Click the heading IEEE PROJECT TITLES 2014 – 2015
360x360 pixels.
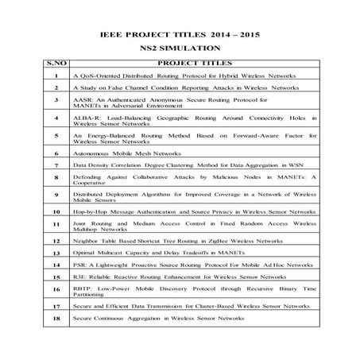[x=179, y=37]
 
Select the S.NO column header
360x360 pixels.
[x=56, y=61]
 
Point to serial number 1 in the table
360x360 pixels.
[x=56, y=74]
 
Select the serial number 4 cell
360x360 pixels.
[x=56, y=119]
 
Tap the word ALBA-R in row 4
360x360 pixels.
[x=83, y=116]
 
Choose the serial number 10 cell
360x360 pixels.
[x=56, y=211]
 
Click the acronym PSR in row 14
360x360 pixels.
[x=78, y=265]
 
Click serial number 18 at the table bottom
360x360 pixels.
[x=56, y=317]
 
